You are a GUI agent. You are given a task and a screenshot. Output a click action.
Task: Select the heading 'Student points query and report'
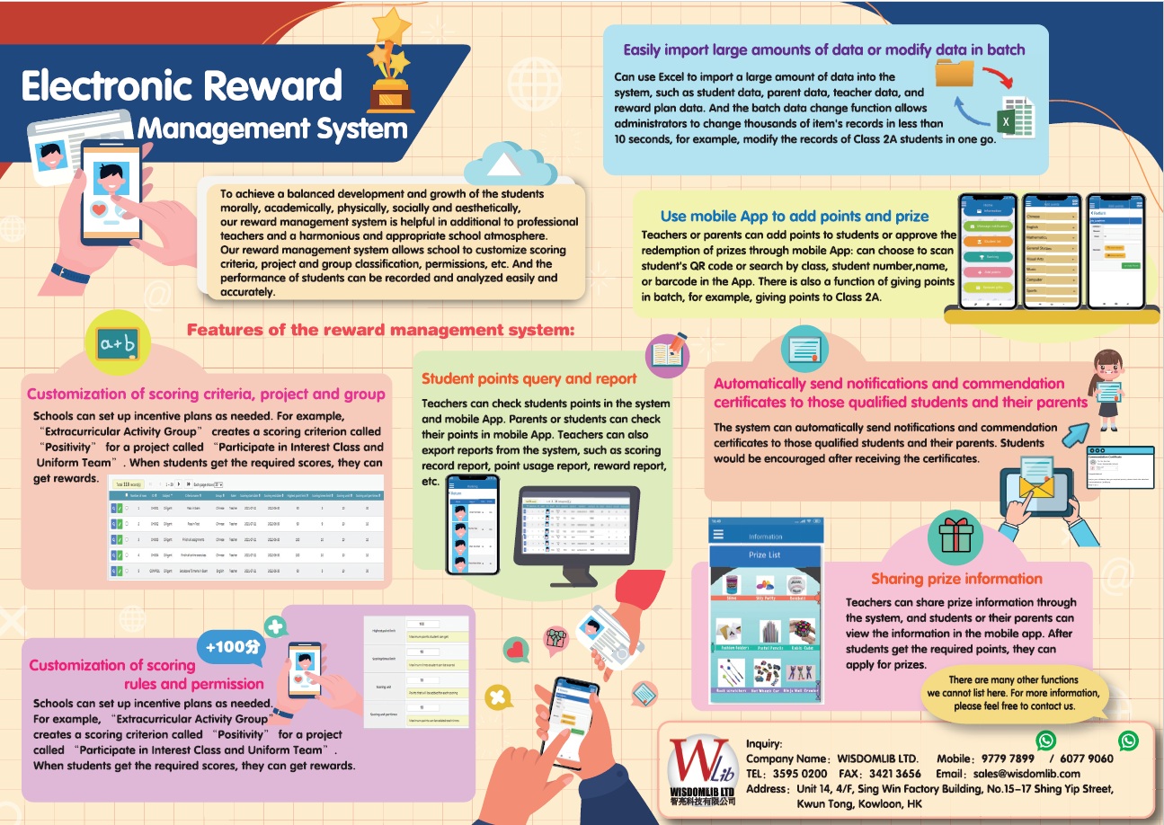(x=529, y=378)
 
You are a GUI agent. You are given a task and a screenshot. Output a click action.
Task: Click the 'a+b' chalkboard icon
(x=118, y=343)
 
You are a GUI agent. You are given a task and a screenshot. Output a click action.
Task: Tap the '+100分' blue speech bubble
(x=233, y=647)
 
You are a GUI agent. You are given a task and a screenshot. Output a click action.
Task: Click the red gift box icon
(x=955, y=536)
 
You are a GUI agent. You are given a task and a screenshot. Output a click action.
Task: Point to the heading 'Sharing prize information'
(x=955, y=579)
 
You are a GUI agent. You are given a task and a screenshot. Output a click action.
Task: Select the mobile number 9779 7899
(x=1008, y=758)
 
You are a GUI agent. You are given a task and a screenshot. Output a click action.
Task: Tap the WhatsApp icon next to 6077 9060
(x=1128, y=741)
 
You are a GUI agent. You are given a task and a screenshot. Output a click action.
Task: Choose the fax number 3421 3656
(x=894, y=773)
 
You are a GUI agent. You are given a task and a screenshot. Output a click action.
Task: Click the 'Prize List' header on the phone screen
(x=764, y=554)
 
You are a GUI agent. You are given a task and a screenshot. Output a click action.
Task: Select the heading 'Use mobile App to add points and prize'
(x=795, y=216)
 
